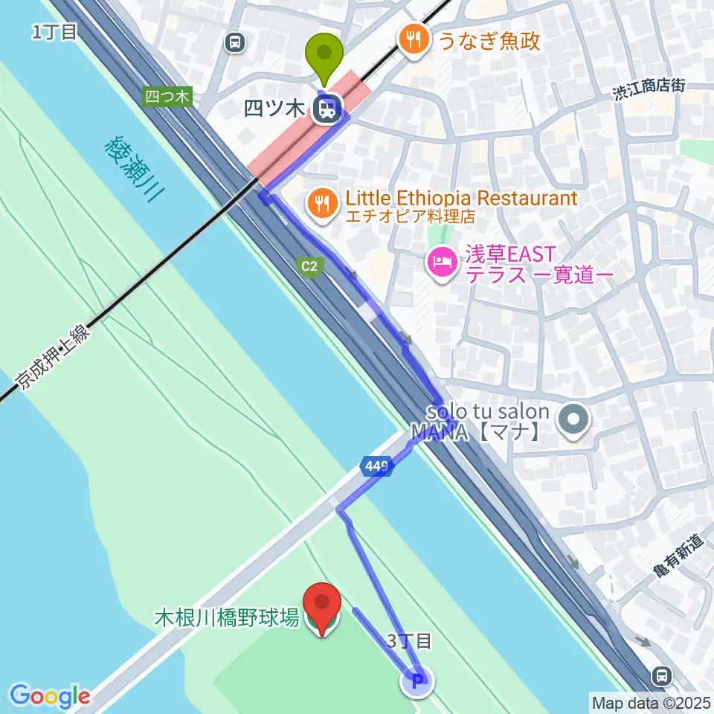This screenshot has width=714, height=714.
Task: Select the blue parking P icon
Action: pos(416,680)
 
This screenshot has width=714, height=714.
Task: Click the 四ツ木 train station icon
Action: pos(325,110)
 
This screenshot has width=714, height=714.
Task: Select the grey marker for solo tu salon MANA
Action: pos(573,419)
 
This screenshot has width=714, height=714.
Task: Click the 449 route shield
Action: pos(376,467)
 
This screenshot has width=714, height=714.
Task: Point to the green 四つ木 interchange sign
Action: pos(168,96)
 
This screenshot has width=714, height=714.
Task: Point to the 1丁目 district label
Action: pos(54,31)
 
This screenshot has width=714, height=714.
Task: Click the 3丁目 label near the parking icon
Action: pos(409,640)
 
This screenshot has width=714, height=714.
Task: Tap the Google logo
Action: pos(50,695)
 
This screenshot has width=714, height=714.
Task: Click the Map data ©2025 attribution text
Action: pos(650,701)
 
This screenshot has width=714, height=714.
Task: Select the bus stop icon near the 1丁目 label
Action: pos(235,43)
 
